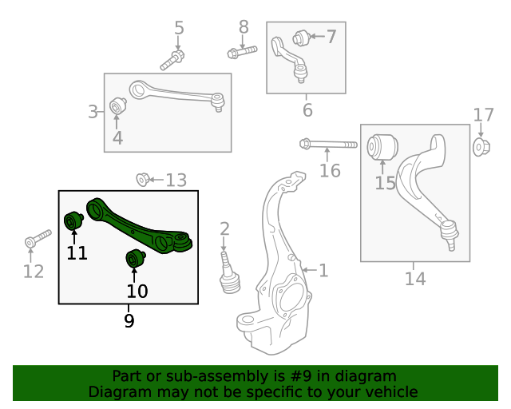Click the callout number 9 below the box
129,321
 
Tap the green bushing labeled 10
135,260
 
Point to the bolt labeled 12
37,239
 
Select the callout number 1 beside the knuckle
323,271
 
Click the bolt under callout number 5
172,59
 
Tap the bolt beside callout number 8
241,53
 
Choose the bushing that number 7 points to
301,37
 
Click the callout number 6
307,109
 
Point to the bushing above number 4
117,105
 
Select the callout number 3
93,112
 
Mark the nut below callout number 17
481,146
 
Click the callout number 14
415,279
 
